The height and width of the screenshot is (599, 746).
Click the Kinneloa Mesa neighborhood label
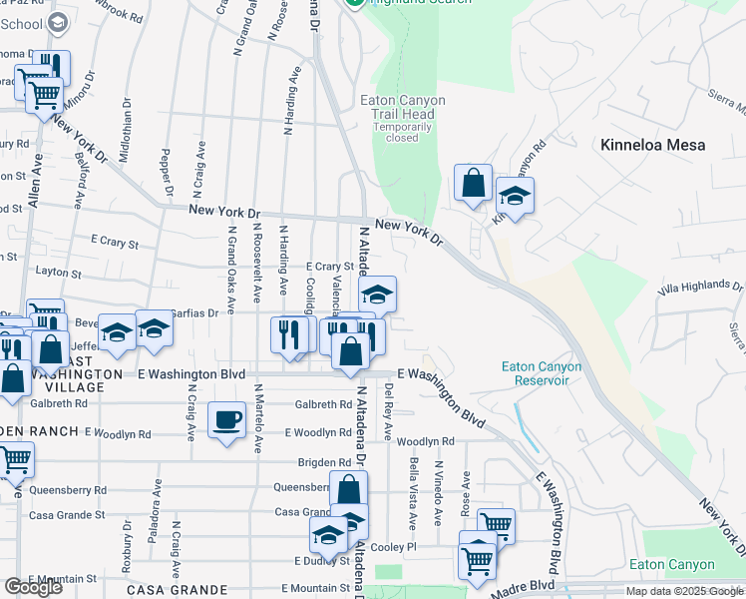653,145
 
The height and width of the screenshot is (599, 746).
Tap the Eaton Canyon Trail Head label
402,107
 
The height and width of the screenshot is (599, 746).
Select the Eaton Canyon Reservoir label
541,372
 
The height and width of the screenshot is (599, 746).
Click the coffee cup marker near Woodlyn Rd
227,418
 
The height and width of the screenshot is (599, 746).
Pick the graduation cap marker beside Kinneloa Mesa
515,196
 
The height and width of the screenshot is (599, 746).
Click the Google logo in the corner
33,587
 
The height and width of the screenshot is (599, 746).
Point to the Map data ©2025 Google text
683,591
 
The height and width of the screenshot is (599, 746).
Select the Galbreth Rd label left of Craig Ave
59,403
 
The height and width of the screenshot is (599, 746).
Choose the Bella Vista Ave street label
413,493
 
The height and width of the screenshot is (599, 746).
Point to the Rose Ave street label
465,493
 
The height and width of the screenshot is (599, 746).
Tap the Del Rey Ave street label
389,413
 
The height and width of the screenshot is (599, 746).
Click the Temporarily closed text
402,132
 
